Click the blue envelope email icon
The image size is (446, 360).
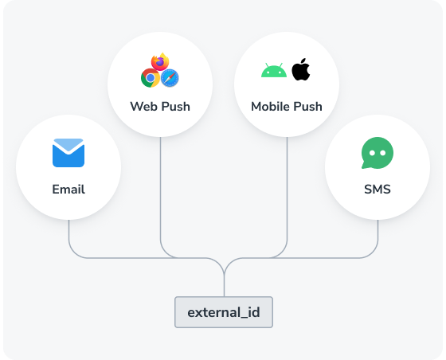(x=68, y=153)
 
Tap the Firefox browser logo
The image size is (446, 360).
(x=160, y=61)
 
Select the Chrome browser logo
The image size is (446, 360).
(x=151, y=78)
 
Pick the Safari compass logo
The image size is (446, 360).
(x=170, y=78)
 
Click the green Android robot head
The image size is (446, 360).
(x=274, y=70)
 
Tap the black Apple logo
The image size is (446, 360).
(x=301, y=69)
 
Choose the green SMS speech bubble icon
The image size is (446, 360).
(x=378, y=153)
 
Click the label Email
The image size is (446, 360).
(x=68, y=190)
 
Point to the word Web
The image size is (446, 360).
(x=144, y=107)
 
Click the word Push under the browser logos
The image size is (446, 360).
(x=176, y=107)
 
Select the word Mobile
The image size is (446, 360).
(x=270, y=107)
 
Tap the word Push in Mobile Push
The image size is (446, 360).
(x=307, y=107)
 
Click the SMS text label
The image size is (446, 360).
(x=378, y=190)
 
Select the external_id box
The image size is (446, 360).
(x=224, y=312)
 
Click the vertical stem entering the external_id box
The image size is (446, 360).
(x=224, y=285)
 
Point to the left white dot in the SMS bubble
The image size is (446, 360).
(x=372, y=153)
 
